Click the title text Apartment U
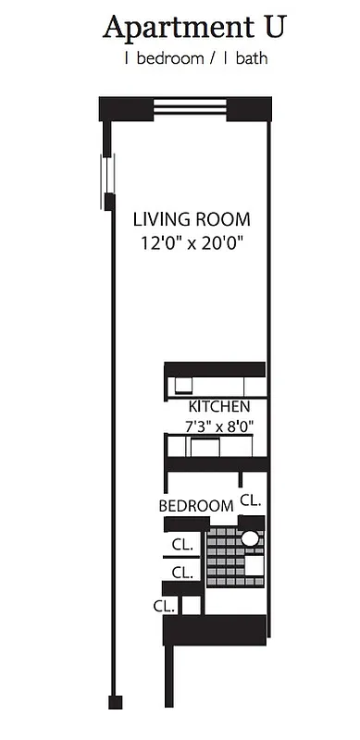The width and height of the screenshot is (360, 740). (193, 28)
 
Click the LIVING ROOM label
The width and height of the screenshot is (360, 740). (192, 220)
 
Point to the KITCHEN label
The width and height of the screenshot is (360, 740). (218, 407)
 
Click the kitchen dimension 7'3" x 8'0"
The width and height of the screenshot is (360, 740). (218, 426)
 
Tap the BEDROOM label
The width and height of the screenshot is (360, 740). (195, 506)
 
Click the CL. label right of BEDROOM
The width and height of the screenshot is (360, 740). (251, 499)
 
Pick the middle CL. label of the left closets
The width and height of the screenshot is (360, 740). (181, 572)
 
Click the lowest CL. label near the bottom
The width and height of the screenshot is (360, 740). (165, 606)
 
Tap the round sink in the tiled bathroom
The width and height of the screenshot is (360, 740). (250, 538)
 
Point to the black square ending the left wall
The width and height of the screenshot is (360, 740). (114, 702)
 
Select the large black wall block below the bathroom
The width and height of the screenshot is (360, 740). (215, 630)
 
